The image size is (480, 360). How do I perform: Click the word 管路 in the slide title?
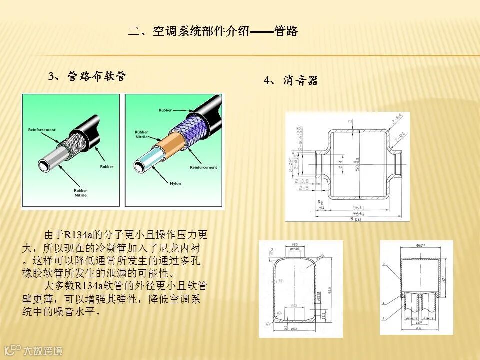pyautogui.click(x=286, y=32)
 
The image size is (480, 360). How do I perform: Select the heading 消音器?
pyautogui.click(x=300, y=80)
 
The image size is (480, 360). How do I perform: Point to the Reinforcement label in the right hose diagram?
pyautogui.click(x=203, y=168)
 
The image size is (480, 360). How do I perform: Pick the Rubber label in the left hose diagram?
pyautogui.click(x=106, y=167)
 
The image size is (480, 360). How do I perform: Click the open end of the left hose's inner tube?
pyautogui.click(x=46, y=164)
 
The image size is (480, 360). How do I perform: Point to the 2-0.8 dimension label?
pyautogui.click(x=301, y=181)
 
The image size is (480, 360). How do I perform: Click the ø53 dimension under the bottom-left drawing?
pyautogui.click(x=294, y=329)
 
